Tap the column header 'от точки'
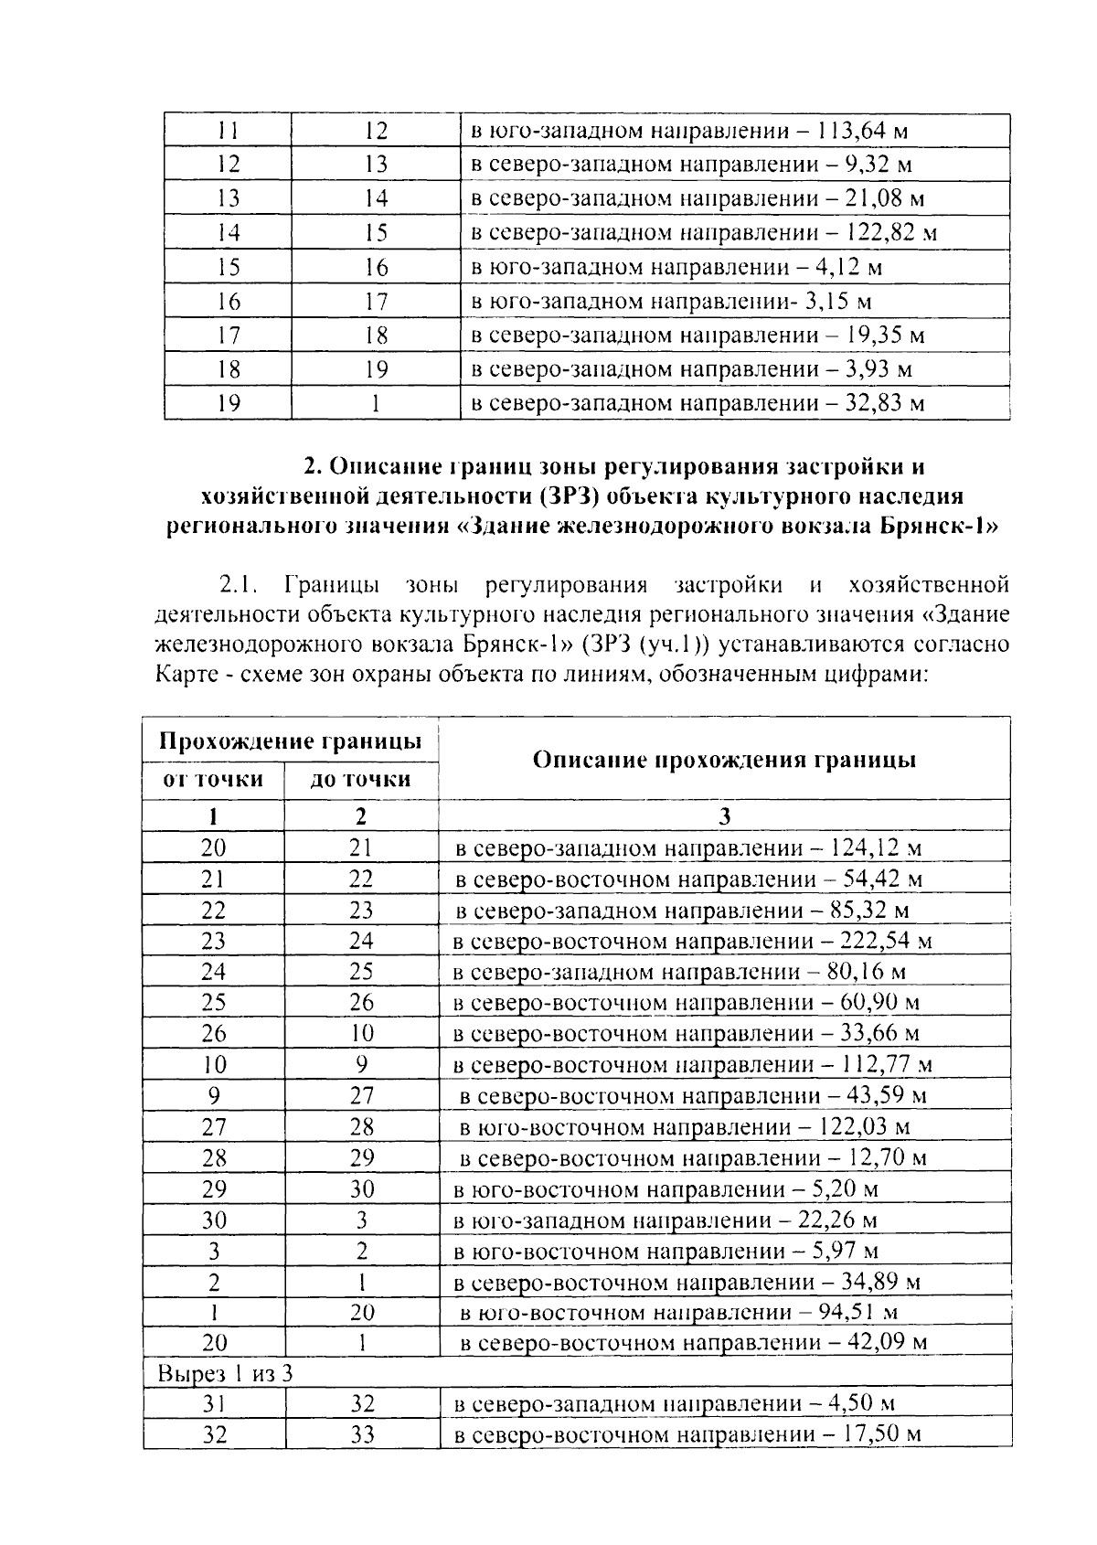(213, 779)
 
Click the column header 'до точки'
(361, 779)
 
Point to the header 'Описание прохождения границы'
(724, 760)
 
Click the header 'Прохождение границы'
(290, 741)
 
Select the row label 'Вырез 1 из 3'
(225, 1373)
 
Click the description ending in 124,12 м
(688, 848)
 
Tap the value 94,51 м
(856, 1313)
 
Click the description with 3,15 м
(671, 301)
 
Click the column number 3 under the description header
(724, 816)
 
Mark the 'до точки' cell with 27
(362, 1096)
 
